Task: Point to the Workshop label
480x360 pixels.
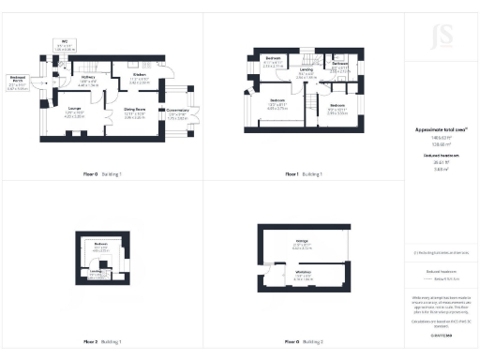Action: pyautogui.click(x=303, y=273)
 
